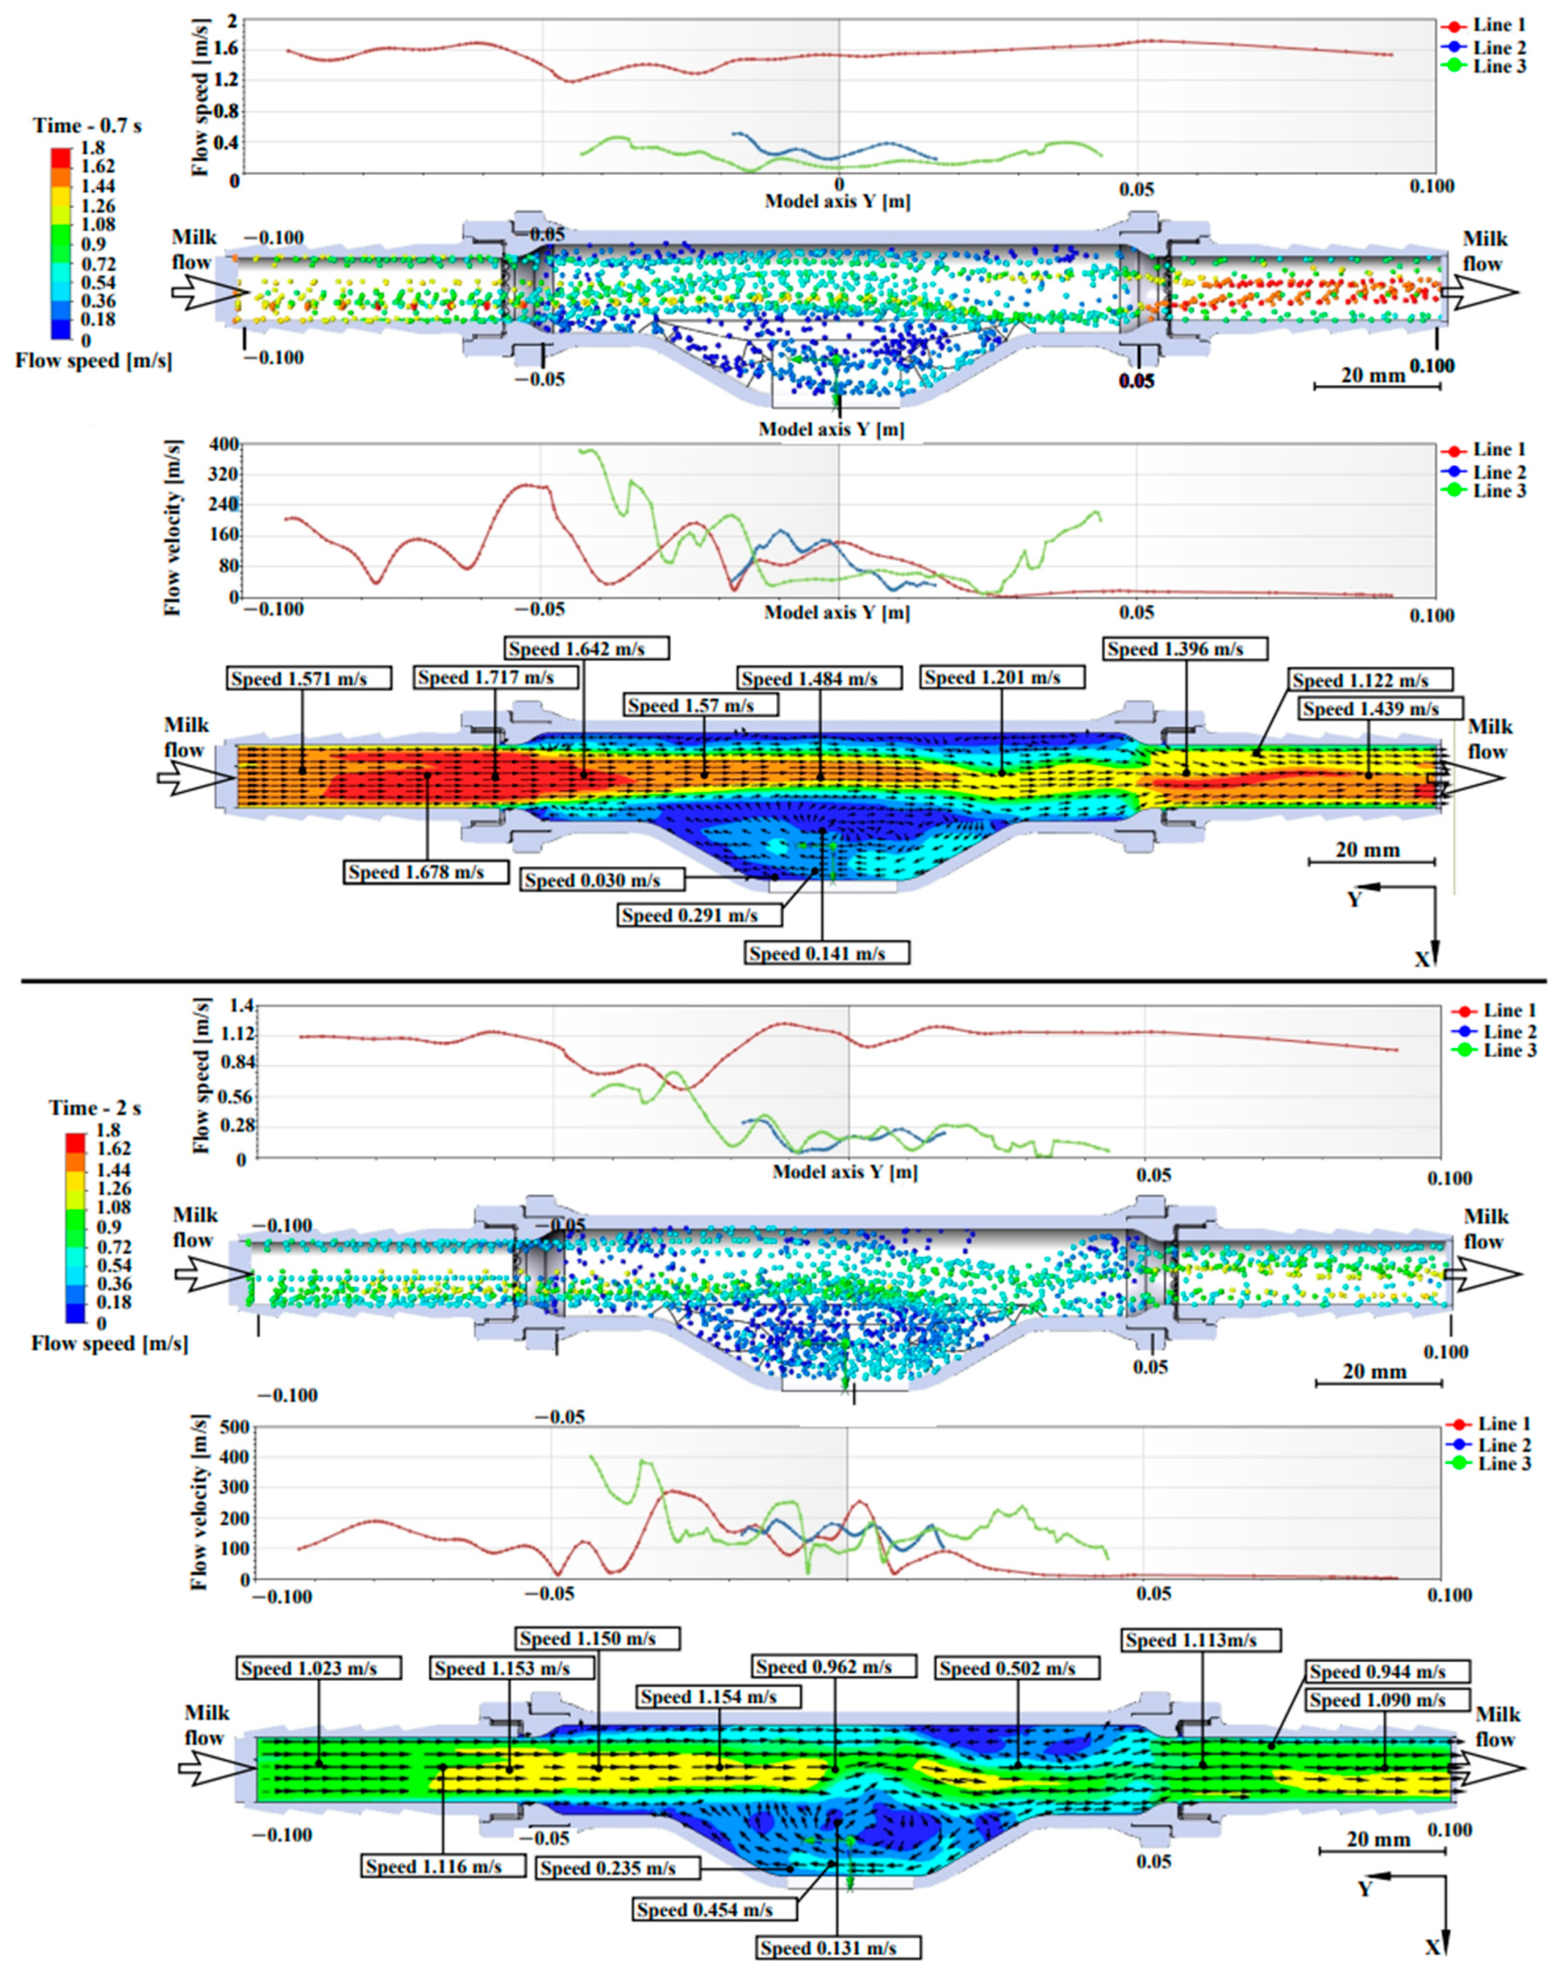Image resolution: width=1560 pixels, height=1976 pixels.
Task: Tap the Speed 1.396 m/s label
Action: click(1186, 649)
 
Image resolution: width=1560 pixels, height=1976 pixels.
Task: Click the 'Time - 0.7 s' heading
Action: click(87, 125)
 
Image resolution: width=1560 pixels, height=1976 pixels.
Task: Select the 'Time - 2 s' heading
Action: click(96, 1108)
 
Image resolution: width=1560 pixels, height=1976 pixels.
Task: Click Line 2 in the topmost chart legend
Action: click(1499, 47)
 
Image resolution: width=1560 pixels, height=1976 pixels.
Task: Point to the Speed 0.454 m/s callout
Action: click(716, 1909)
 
